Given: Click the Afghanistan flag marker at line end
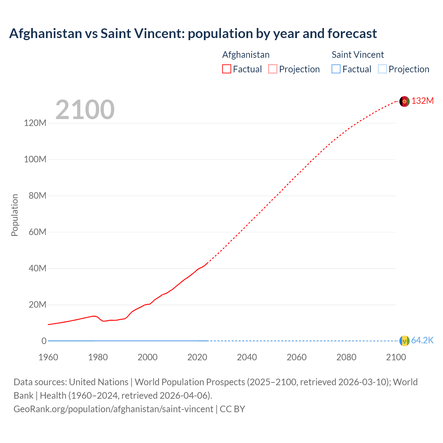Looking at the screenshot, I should pyautogui.click(x=404, y=101).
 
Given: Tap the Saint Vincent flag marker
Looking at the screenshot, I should pyautogui.click(x=404, y=341).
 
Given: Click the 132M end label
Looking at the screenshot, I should pyautogui.click(x=422, y=101).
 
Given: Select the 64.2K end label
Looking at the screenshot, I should pyautogui.click(x=422, y=341).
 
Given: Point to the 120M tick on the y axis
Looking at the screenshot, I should pyautogui.click(x=35, y=123).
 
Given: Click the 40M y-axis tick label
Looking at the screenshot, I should pyautogui.click(x=37, y=269).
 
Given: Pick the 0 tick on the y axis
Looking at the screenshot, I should pyautogui.click(x=44, y=341).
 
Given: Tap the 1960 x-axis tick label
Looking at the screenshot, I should pyautogui.click(x=48, y=357).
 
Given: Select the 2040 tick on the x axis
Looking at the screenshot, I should pyautogui.click(x=247, y=357).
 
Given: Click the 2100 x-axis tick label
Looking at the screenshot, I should pyautogui.click(x=396, y=357).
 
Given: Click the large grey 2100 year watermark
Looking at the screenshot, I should pyautogui.click(x=85, y=110).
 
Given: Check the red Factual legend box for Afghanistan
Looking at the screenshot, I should pyautogui.click(x=227, y=69).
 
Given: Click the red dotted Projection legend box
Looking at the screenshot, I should pyautogui.click(x=273, y=69).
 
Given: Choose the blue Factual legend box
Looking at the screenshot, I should pyautogui.click(x=336, y=69).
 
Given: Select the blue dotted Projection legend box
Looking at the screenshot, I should pyautogui.click(x=382, y=69).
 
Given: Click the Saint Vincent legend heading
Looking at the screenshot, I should pyautogui.click(x=358, y=55).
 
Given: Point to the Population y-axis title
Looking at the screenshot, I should pyautogui.click(x=15, y=215).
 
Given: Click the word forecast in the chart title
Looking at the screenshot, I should pyautogui.click(x=352, y=34).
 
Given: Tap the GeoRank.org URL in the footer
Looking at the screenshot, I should pyautogui.click(x=113, y=409).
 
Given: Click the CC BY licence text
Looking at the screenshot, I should pyautogui.click(x=233, y=409).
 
